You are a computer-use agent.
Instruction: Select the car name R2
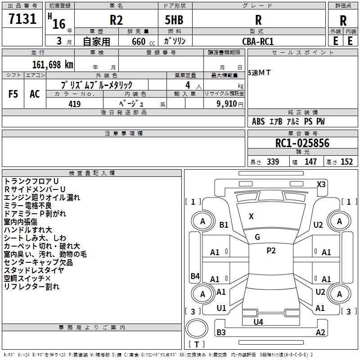pyautogui.click(x=116, y=20)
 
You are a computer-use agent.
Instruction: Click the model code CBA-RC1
pyautogui.click(x=258, y=41)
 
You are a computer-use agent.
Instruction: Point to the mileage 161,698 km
pyautogui.click(x=53, y=64)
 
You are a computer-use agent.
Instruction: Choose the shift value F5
pyautogui.click(x=13, y=94)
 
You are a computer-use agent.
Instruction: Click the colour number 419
pyautogui.click(x=74, y=104)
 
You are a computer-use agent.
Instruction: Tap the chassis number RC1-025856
pyautogui.click(x=302, y=143)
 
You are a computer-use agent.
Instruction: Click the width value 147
pyautogui.click(x=310, y=162)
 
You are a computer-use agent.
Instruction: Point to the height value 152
pyautogui.click(x=346, y=162)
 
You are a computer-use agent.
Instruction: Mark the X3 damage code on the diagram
pyautogui.click(x=321, y=184)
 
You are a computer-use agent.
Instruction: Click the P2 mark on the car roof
pyautogui.click(x=270, y=251)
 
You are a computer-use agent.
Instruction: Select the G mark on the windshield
pyautogui.click(x=257, y=237)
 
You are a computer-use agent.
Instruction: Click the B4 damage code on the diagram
pyautogui.click(x=194, y=276)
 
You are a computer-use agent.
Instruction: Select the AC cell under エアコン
pyautogui.click(x=35, y=94)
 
